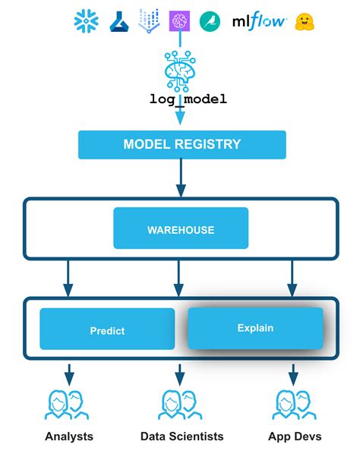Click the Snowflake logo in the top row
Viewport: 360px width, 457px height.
pos(87,21)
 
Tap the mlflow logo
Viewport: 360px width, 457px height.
pos(258,21)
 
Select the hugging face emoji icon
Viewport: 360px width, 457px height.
pos(305,21)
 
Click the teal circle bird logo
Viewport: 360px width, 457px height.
pos(210,21)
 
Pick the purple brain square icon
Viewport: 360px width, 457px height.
pos(179,21)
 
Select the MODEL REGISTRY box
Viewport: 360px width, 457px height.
pos(182,144)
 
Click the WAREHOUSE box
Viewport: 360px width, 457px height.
pos(181,229)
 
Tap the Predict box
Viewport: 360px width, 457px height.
pos(107,330)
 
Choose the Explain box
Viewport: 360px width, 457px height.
pos(255,328)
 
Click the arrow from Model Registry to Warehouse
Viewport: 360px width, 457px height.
pos(181,178)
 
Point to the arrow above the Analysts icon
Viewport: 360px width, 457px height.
pos(69,373)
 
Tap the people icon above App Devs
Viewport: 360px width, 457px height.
pos(294,405)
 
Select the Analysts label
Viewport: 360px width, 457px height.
pos(69,437)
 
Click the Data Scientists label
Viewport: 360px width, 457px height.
pos(182,437)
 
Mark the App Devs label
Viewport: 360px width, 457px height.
pos(294,437)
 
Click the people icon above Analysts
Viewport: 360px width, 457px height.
pos(69,405)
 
